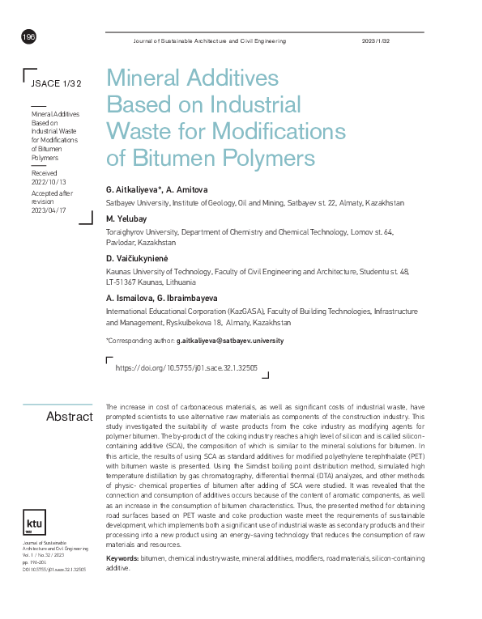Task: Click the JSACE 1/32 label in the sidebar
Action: [56, 83]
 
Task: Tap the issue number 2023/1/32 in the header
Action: [376, 40]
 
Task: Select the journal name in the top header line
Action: [209, 40]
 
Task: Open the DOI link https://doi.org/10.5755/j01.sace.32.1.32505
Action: [186, 367]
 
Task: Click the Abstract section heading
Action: [70, 416]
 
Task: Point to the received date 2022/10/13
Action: [49, 183]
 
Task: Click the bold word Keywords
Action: [122, 558]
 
